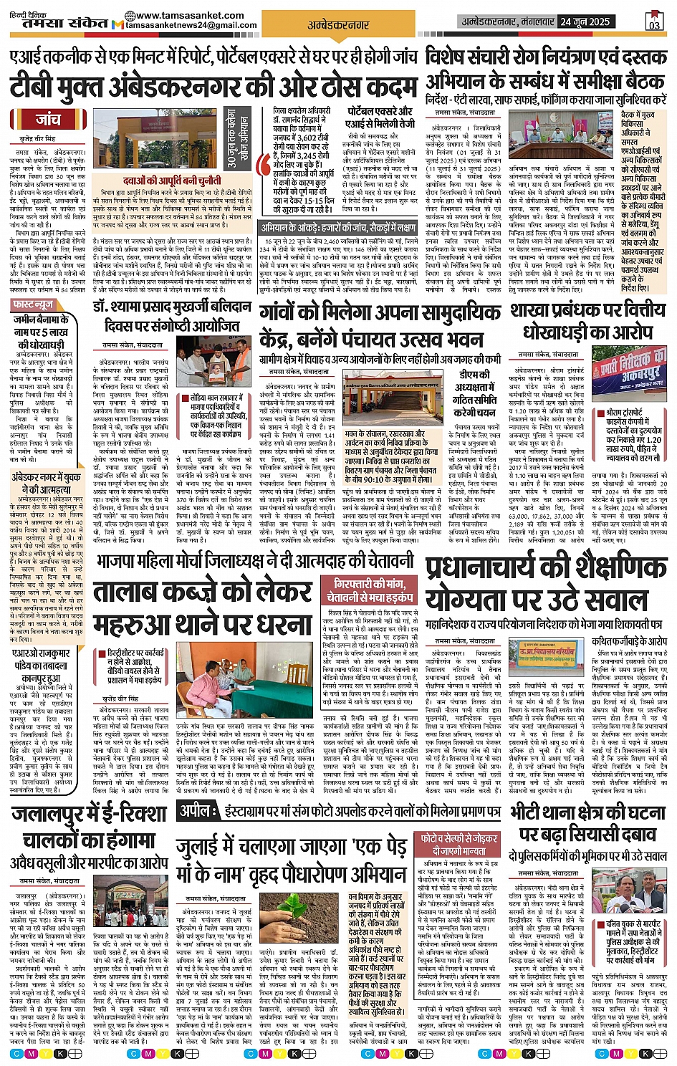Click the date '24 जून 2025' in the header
585,21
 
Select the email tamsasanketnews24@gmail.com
191,25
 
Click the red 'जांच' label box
48,119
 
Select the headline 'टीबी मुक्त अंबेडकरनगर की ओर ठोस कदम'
212,87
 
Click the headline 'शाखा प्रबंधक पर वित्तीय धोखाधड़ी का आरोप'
587,320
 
